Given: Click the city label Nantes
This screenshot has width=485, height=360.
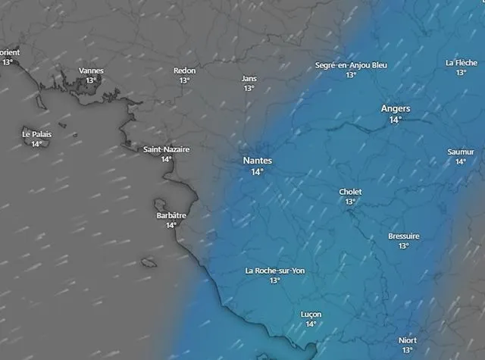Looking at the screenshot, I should [257, 161].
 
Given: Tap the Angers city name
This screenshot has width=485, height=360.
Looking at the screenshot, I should [396, 108].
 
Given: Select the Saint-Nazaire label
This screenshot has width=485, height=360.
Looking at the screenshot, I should [167, 149].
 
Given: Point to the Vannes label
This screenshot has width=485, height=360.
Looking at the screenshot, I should [91, 70].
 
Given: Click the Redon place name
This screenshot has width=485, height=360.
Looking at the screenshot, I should [184, 70].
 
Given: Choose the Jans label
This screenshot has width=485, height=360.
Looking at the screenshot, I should [249, 78].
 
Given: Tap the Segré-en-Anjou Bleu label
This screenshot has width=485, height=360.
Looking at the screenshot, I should [351, 65].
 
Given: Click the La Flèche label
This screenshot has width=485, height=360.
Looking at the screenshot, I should [461, 63].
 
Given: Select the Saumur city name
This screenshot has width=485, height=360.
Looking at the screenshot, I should [461, 152].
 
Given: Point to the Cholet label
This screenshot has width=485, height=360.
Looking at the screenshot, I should [350, 193].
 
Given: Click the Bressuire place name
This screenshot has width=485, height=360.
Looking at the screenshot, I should [403, 236].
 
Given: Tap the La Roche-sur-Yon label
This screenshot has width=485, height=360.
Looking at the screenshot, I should [274, 271].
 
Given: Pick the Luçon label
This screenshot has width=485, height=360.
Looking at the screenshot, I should [311, 315].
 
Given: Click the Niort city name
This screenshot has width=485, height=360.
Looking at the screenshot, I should [407, 340].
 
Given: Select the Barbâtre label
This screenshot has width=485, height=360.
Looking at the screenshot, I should [171, 215].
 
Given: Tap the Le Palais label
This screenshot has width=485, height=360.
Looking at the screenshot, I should [36, 134].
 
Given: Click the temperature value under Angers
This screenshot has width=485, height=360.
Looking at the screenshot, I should [396, 120].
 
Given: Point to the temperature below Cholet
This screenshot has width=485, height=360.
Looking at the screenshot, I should [350, 202].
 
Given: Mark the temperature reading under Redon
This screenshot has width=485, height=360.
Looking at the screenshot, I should [184, 80].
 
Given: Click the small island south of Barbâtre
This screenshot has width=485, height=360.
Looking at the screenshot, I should [149, 262].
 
